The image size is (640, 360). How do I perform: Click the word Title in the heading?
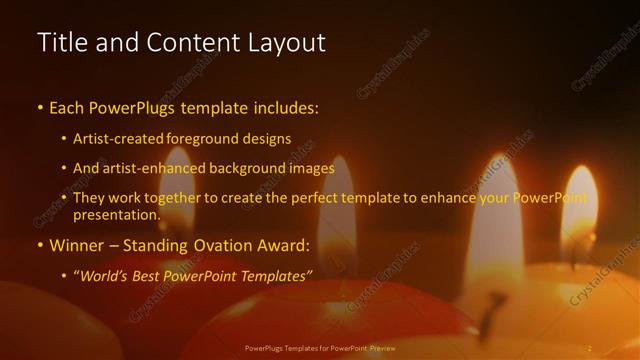click(60, 43)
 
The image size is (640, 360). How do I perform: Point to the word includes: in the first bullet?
click(283, 106)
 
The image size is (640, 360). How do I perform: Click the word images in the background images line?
click(306, 169)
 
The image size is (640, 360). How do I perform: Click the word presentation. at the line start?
click(116, 215)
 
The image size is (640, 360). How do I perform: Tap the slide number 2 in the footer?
click(589, 348)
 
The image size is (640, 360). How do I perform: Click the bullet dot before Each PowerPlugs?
click(40, 107)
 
